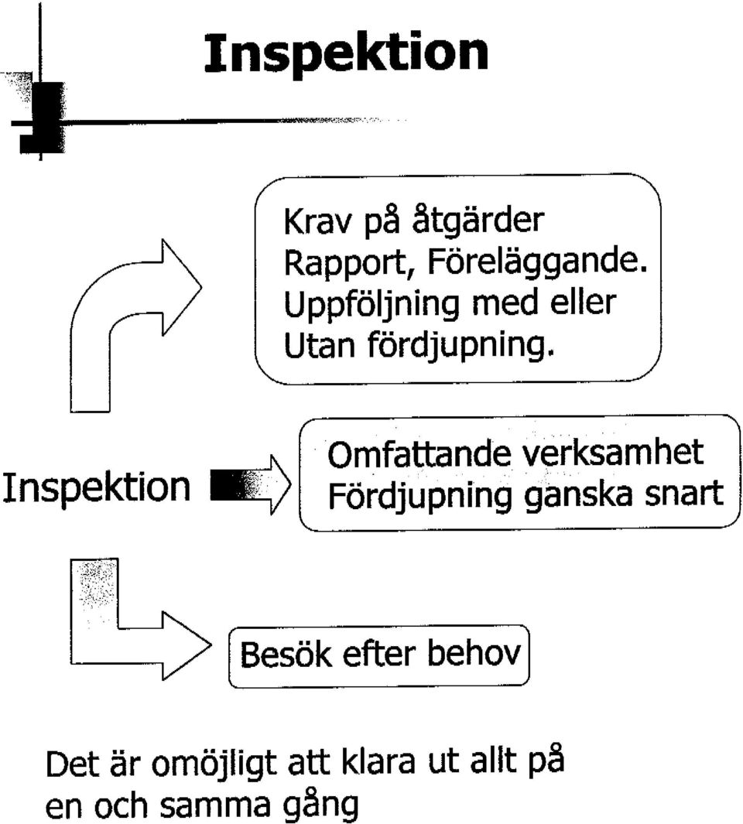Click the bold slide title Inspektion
pyautogui.click(x=346, y=55)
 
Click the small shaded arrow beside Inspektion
pyautogui.click(x=250, y=484)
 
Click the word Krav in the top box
pyautogui.click(x=317, y=221)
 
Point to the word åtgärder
pyautogui.click(x=478, y=221)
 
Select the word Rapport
pyautogui.click(x=347, y=263)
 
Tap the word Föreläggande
pyautogui.click(x=537, y=263)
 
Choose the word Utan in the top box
pyautogui.click(x=319, y=347)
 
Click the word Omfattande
pyautogui.click(x=419, y=454)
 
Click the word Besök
pyautogui.click(x=286, y=655)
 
